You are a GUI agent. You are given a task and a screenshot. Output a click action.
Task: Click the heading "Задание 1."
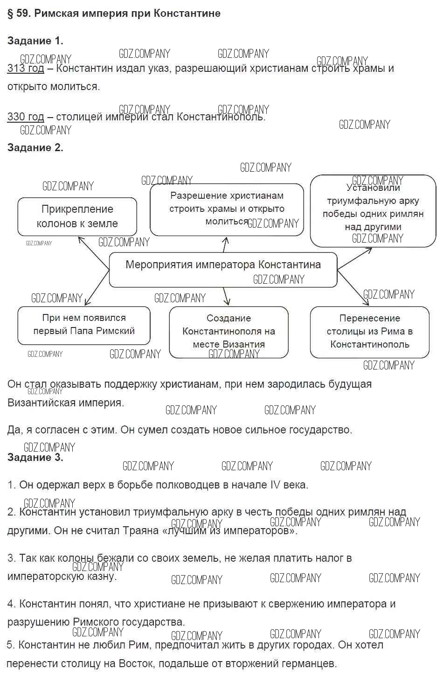(35, 41)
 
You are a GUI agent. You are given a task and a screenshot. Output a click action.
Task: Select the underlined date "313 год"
(26, 69)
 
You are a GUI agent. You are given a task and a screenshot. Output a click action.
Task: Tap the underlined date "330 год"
(26, 117)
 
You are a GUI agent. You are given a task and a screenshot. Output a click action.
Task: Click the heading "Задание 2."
(35, 147)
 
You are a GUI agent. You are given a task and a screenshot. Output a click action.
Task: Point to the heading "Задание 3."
(35, 457)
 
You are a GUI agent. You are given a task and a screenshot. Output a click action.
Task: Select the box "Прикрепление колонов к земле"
(77, 216)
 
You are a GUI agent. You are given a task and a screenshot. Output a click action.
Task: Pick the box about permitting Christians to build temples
(227, 209)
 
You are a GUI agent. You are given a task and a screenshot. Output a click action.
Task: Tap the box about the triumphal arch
(373, 210)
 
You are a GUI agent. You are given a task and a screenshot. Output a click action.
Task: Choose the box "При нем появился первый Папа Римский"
(83, 325)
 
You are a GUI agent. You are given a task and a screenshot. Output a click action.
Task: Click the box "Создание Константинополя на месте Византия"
(228, 332)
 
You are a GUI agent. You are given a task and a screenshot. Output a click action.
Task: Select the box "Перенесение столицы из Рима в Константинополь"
(369, 332)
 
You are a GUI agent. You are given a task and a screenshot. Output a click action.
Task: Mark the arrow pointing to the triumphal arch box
(354, 258)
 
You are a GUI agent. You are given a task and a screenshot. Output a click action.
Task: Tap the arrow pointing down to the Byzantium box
(226, 297)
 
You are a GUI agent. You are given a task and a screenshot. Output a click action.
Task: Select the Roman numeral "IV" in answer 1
(276, 485)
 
